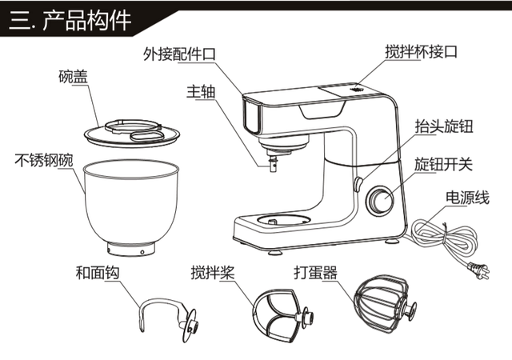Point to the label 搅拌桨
(214, 272)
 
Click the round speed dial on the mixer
(379, 202)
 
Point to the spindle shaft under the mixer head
(273, 163)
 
